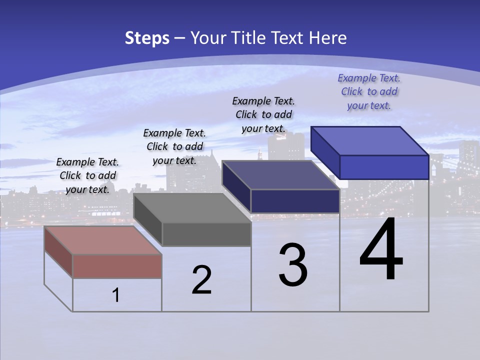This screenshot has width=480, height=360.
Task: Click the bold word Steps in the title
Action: [147, 38]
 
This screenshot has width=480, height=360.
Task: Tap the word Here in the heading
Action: [328, 38]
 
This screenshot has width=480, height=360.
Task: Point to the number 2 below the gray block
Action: [201, 280]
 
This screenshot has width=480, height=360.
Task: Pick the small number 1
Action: [116, 295]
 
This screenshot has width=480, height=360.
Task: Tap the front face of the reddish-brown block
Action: [117, 266]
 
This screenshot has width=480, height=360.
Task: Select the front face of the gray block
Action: [206, 234]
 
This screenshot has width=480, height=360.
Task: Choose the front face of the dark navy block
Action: [295, 201]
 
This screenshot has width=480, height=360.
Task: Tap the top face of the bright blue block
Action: [370, 140]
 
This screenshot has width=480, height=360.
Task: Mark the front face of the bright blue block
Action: [384, 167]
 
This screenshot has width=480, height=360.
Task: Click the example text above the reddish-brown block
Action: [87, 175]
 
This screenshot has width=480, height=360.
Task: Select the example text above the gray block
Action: [174, 146]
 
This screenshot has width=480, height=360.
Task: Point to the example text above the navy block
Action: [263, 114]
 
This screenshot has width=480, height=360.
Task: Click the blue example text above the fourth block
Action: [369, 91]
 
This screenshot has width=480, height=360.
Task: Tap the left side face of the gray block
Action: [148, 220]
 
